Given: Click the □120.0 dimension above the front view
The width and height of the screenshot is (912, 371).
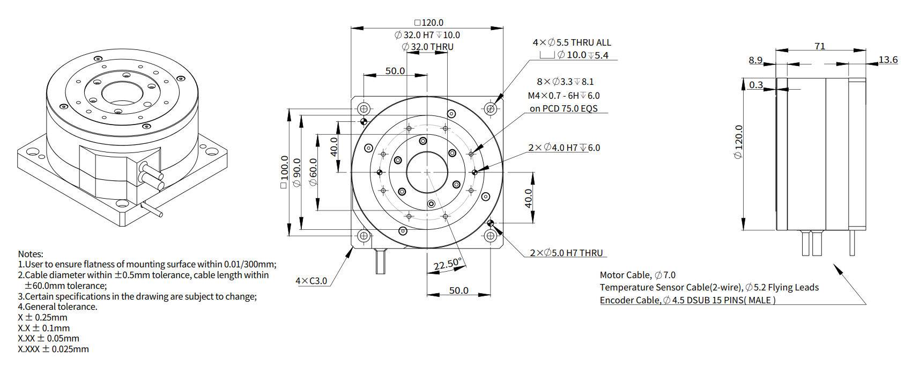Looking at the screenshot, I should (x=429, y=23).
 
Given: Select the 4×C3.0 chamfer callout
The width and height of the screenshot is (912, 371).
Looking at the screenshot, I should (x=311, y=281).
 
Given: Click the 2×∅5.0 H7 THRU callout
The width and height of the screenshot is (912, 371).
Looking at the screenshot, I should (x=566, y=253).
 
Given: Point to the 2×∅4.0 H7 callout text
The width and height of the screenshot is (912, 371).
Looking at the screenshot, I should (x=564, y=148).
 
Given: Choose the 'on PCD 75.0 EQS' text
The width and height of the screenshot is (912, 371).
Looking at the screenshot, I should (x=563, y=108).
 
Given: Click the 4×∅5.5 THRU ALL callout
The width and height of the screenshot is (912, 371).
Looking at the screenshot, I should (x=572, y=42).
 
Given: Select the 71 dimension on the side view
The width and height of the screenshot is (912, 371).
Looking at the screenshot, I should (x=820, y=46).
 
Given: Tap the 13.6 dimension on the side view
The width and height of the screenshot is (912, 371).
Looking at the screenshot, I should (x=888, y=60).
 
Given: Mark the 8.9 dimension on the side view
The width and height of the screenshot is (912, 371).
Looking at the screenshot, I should (x=755, y=60).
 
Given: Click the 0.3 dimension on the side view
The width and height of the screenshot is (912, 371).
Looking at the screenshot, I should (x=756, y=85).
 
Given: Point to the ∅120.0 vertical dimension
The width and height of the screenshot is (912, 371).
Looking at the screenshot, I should (x=739, y=142).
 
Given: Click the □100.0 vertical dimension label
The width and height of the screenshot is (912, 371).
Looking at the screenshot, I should (x=284, y=172).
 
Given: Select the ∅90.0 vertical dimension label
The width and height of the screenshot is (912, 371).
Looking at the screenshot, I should (x=297, y=172).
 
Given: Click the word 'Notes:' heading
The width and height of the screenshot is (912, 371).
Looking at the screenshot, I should (x=31, y=254).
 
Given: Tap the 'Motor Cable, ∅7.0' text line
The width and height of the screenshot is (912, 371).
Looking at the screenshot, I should (x=637, y=275).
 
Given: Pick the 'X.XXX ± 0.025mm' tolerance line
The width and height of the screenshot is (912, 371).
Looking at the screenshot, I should (x=53, y=349).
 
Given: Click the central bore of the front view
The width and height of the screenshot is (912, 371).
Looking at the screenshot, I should (x=427, y=172).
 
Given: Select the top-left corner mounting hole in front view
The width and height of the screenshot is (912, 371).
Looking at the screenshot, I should (x=364, y=108).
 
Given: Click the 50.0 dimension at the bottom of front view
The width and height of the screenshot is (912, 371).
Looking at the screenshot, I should (x=458, y=290).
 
